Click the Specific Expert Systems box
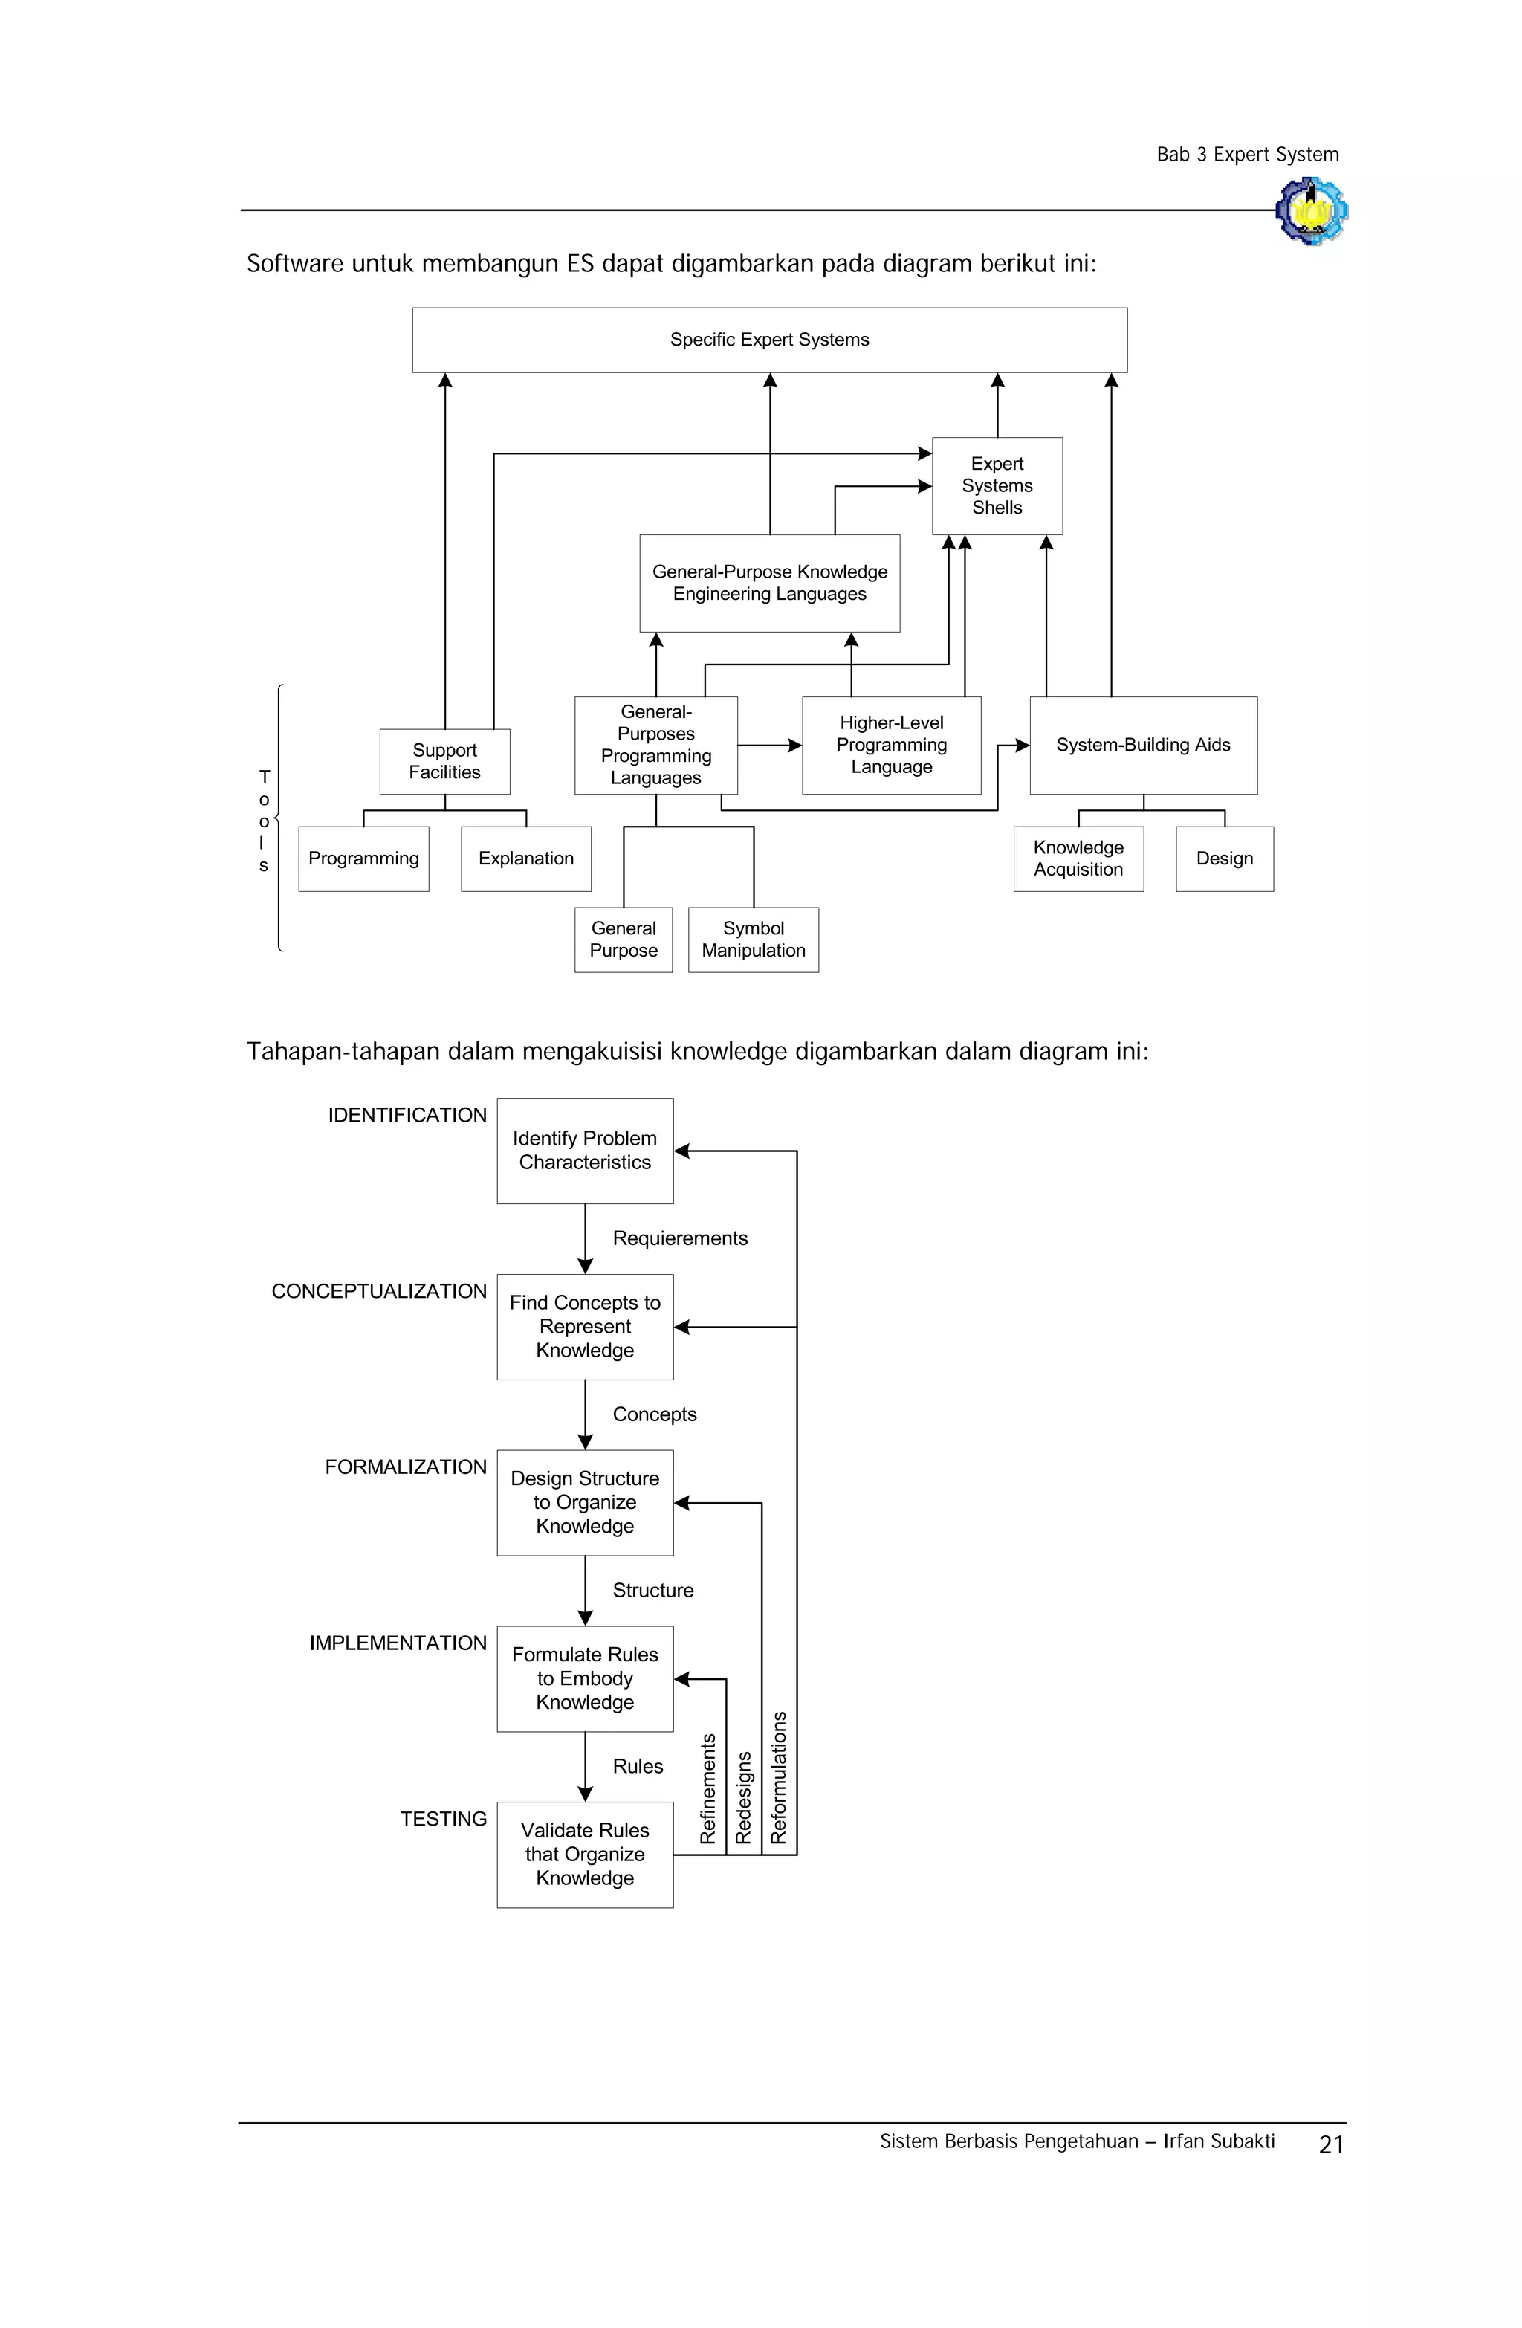click(769, 340)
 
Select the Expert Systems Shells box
click(996, 485)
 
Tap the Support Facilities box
click(444, 761)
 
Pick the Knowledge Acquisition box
click(1077, 858)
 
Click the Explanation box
click(525, 858)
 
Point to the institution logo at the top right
click(1311, 210)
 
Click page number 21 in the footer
click(1330, 2145)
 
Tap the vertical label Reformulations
click(779, 1777)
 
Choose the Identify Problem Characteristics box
click(584, 1151)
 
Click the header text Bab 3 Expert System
click(1246, 155)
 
